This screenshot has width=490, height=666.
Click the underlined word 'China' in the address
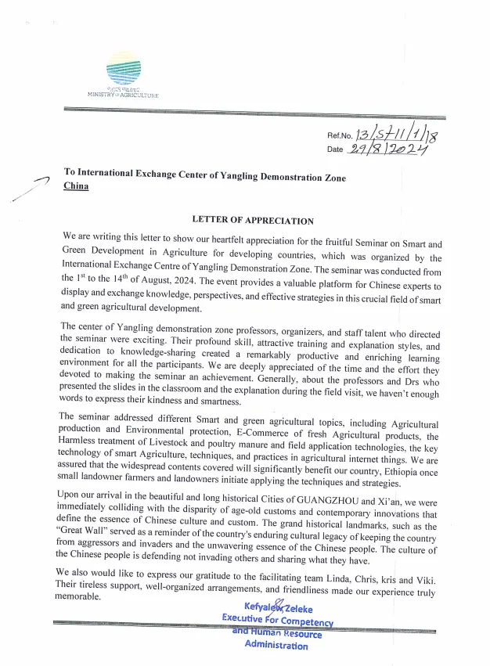[76, 186]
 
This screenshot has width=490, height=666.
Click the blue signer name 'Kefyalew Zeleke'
[278, 607]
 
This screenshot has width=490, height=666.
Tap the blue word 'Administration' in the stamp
[276, 646]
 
